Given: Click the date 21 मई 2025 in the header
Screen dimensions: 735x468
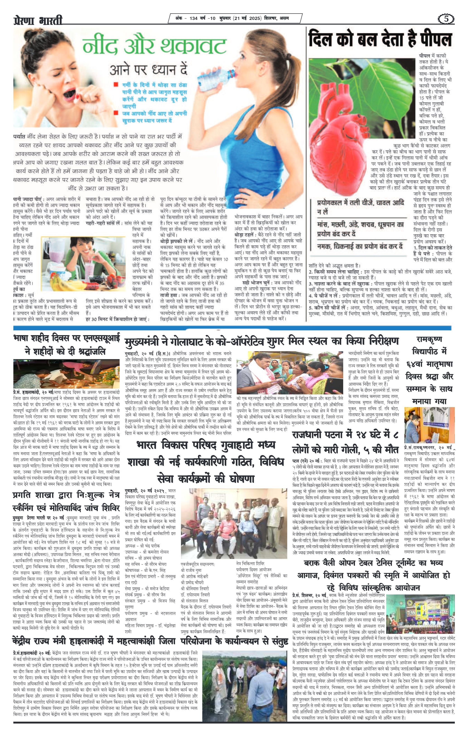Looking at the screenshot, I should click(x=247, y=18).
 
